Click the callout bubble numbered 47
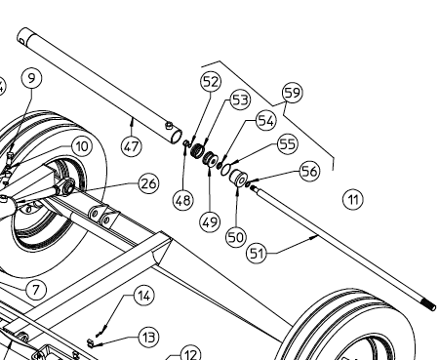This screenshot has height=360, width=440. coord(132,146)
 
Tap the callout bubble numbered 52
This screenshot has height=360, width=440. coord(211,82)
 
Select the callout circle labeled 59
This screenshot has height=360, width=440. coord(293,93)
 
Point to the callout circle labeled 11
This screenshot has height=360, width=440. coord(353,199)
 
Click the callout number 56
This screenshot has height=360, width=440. coord(309,171)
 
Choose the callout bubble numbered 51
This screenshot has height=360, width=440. coord(257,253)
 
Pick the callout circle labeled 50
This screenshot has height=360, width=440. coord(236,237)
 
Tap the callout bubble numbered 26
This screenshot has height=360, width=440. coord(148,183)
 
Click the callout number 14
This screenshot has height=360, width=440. coord(144,296)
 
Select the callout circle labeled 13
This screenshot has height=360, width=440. coord(149,338)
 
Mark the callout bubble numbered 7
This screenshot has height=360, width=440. coord(36,290)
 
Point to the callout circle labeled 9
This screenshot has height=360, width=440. coord(31,78)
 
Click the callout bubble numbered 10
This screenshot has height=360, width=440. coord(82,146)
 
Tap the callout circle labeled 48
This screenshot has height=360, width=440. coord(183,200)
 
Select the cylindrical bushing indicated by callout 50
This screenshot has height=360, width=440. coord(238,179)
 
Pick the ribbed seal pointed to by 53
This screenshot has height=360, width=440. coord(196,151)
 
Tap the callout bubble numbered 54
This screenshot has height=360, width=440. coord(266,121)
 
